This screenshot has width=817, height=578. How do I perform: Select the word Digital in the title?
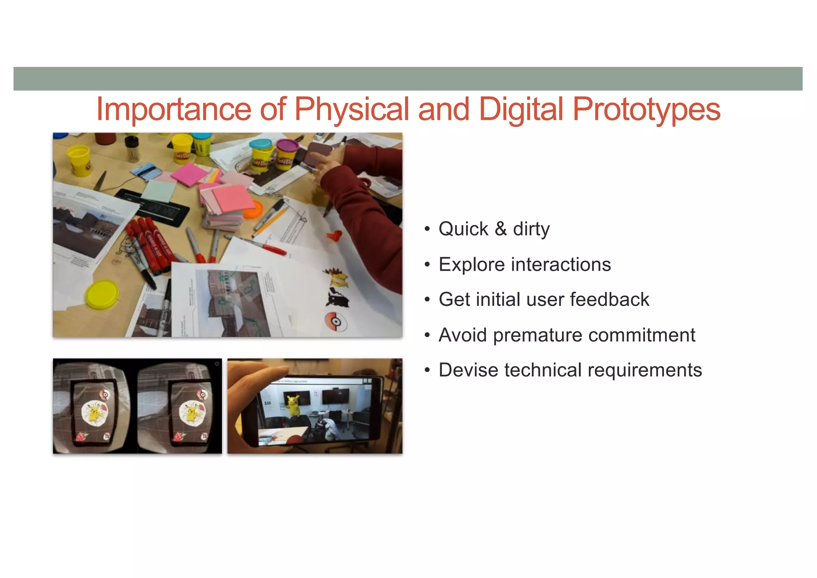tap(521, 110)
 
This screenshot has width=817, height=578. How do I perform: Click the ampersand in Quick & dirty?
tap(501, 230)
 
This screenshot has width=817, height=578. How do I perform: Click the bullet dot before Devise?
tap(427, 370)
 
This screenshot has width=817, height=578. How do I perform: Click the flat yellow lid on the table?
tap(102, 294)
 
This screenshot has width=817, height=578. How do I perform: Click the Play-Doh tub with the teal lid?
tap(261, 155)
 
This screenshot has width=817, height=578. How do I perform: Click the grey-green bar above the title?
tap(408, 79)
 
